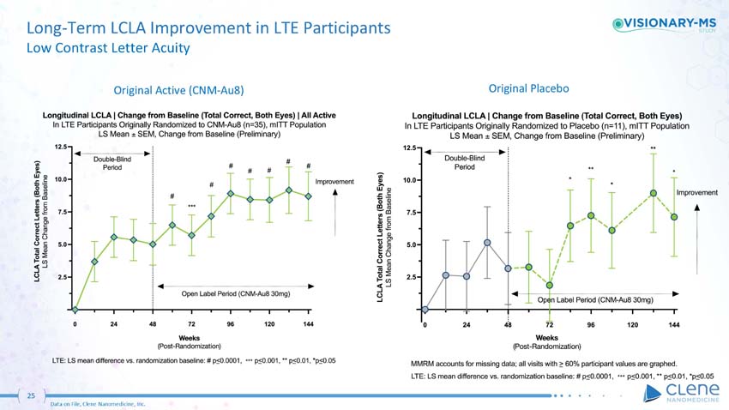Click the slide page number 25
click(x=30, y=395)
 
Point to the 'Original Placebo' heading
click(x=529, y=87)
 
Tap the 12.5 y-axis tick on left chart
click(x=61, y=148)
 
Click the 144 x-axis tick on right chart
click(x=674, y=325)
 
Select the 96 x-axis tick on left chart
click(x=231, y=325)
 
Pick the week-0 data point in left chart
click(x=75, y=309)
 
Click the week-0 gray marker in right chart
click(x=425, y=309)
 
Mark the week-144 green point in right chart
click(x=674, y=217)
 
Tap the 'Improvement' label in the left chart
click(x=340, y=182)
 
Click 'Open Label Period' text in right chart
click(x=595, y=300)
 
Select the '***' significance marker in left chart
click(x=192, y=207)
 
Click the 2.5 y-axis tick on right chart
click(x=411, y=276)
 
